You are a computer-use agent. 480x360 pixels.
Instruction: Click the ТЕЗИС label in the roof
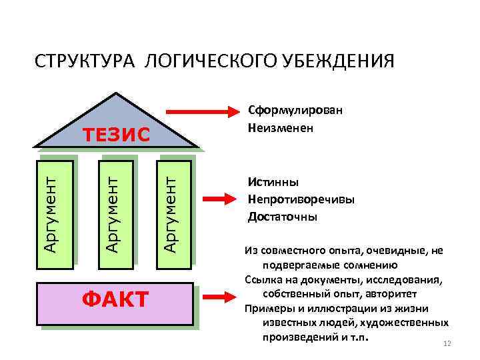(117, 135)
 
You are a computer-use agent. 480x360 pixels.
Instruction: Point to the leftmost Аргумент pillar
(53, 211)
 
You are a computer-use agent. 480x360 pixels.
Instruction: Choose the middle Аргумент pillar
(115, 211)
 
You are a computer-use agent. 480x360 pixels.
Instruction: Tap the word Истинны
(273, 182)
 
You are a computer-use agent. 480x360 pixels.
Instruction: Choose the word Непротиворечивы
(301, 199)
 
